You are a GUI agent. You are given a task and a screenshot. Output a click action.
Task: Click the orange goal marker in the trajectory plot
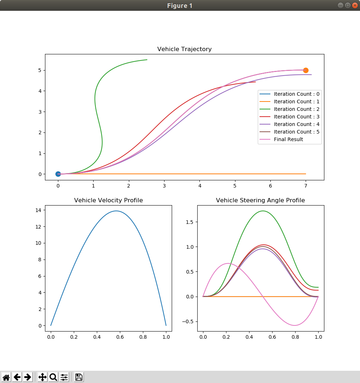(x=306, y=70)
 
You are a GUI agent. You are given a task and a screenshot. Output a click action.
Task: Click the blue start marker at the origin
(x=58, y=174)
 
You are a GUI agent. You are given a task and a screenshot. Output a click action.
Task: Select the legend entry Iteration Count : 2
(x=296, y=109)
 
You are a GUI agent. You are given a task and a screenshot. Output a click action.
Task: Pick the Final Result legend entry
(x=288, y=139)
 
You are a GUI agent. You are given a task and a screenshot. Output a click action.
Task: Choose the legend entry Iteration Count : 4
(x=296, y=124)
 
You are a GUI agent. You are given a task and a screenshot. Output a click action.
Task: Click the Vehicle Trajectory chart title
(x=184, y=49)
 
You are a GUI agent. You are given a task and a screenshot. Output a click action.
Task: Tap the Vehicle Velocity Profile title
(x=108, y=200)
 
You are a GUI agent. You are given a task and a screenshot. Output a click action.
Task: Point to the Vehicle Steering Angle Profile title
(x=260, y=200)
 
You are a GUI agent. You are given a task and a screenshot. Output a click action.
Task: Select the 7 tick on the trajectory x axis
(x=306, y=186)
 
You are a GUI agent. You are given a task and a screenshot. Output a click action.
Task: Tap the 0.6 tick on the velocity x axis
(x=120, y=337)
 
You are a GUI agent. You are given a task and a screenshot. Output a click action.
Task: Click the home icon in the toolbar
(x=6, y=377)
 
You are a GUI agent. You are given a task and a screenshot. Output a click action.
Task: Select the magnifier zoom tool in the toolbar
(x=53, y=377)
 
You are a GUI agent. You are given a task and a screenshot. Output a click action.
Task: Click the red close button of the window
(x=355, y=5)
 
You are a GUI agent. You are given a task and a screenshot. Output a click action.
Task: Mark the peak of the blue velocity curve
(x=116, y=211)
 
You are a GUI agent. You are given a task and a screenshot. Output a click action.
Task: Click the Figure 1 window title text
(x=180, y=6)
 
